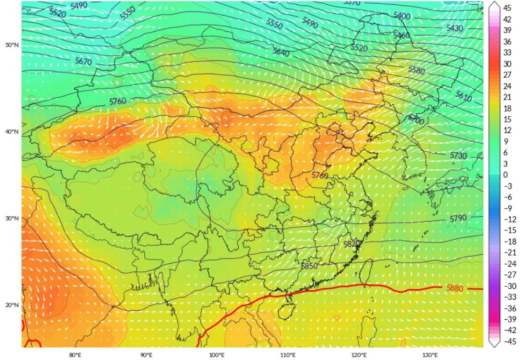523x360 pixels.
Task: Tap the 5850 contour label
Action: click(x=309, y=266)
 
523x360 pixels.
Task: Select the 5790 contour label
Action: click(x=458, y=218)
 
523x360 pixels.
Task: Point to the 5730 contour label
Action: click(x=458, y=156)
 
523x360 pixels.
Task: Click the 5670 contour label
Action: click(x=84, y=62)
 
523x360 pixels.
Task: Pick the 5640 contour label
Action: click(x=281, y=52)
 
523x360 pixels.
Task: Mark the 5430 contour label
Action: click(x=454, y=28)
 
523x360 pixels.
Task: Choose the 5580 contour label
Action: click(x=417, y=70)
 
